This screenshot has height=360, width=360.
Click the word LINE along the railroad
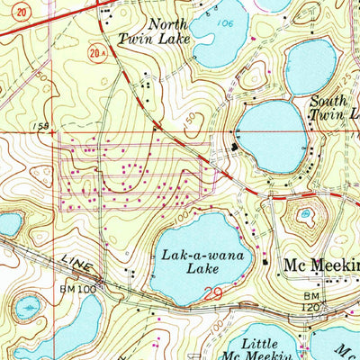coord(75,262)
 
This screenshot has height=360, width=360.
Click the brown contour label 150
coord(187,118)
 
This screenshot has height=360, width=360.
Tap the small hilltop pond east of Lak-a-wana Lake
coord(306,214)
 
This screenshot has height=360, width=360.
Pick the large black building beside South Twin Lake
coord(235,147)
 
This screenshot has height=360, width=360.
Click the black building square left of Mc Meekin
coord(266,262)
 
